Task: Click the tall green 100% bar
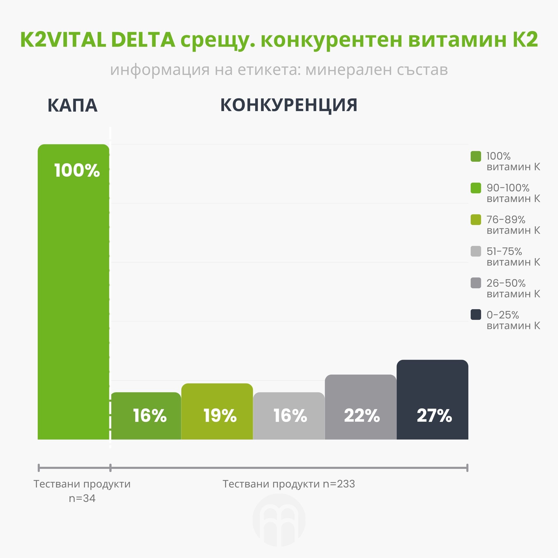pos(73,292)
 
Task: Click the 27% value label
pos(434,416)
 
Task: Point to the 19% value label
pos(220,416)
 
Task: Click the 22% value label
pos(362,416)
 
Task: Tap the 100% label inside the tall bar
pos(77,170)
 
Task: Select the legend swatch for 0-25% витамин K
pos(476,315)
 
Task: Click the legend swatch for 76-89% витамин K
pos(476,220)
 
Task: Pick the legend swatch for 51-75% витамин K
pos(476,251)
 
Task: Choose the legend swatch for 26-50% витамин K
pos(476,283)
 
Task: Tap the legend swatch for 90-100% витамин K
pos(476,188)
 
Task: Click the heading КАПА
pos(73,105)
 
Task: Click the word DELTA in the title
pos(143,40)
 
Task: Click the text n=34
pos(82,498)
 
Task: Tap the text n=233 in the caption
pos(339,484)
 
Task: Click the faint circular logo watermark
pos(279,520)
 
